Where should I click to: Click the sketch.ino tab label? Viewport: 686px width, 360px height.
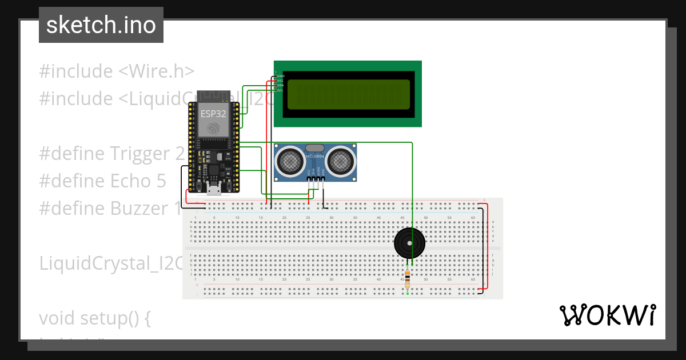[x=101, y=25]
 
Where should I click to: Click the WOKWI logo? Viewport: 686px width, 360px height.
[x=607, y=315]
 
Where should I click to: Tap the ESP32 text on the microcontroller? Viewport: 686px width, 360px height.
[x=213, y=114]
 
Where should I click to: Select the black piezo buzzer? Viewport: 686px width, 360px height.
[x=409, y=243]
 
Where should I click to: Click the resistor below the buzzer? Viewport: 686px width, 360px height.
[x=407, y=279]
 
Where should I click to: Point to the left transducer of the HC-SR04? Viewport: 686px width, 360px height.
[x=290, y=161]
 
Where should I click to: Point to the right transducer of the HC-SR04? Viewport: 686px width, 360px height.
[x=341, y=161]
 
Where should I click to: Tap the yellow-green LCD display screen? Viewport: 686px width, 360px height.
[x=348, y=94]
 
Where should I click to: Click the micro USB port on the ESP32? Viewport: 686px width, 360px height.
[x=214, y=190]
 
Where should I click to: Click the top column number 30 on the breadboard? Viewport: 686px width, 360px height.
[x=331, y=218]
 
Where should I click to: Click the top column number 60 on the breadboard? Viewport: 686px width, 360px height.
[x=473, y=218]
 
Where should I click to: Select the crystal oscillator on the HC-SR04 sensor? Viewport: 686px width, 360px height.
[x=315, y=148]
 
